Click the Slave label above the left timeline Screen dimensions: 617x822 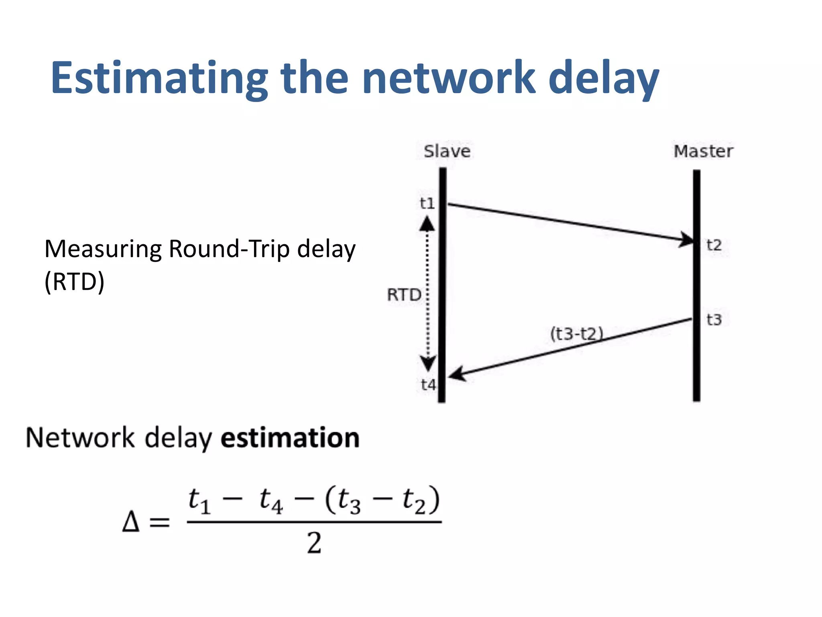447,151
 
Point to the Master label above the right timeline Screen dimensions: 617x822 703,151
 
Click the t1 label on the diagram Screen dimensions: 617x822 427,203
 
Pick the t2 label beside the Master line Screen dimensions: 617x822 714,245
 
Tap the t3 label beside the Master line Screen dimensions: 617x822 714,320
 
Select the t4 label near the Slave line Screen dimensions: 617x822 428,385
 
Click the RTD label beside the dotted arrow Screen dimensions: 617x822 404,295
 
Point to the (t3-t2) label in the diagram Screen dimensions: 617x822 577,334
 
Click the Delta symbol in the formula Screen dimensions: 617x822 131,522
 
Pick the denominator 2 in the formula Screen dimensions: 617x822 314,543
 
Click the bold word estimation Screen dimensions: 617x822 290,437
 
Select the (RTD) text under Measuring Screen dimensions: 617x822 74,282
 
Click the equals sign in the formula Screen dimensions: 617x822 159,523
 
